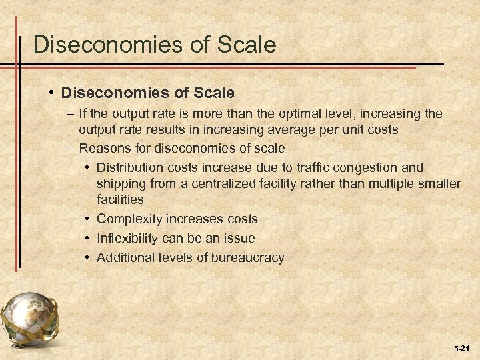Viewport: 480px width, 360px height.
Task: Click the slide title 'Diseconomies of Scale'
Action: coord(154,45)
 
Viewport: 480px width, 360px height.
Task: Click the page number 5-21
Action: coord(460,348)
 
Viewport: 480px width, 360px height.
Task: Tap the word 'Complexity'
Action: coord(129,219)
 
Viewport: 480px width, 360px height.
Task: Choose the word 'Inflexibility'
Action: coord(129,238)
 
